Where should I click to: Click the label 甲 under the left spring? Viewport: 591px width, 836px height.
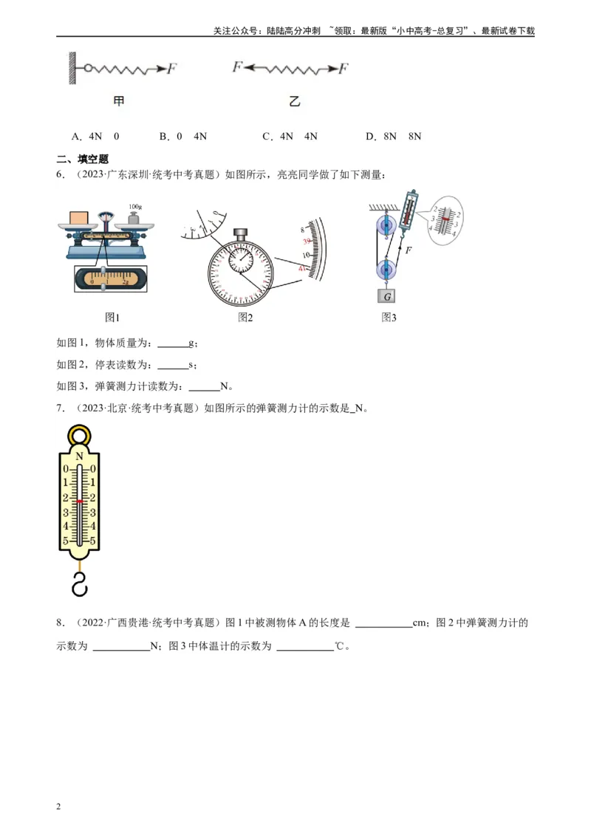pyautogui.click(x=119, y=102)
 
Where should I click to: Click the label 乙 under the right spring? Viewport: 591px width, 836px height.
pyautogui.click(x=295, y=102)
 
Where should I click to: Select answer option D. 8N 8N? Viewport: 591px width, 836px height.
pyautogui.click(x=393, y=137)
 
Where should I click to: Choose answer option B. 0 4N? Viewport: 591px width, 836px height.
pyautogui.click(x=182, y=137)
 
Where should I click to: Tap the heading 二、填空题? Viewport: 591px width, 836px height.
pyautogui.click(x=83, y=159)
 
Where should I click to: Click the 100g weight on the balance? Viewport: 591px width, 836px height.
pyautogui.click(x=134, y=217)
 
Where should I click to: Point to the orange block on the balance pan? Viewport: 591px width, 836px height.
pyautogui.click(x=80, y=217)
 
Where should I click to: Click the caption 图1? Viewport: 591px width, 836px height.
pyautogui.click(x=112, y=318)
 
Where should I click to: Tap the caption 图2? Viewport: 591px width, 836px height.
pyautogui.click(x=245, y=318)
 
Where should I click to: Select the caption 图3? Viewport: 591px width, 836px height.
pyautogui.click(x=389, y=318)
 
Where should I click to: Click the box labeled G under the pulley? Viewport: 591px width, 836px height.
pyautogui.click(x=386, y=296)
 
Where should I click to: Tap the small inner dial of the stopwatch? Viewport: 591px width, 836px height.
pyautogui.click(x=239, y=259)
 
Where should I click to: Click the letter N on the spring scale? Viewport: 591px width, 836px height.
pyautogui.click(x=79, y=456)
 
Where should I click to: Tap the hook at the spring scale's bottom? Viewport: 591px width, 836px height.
pyautogui.click(x=79, y=583)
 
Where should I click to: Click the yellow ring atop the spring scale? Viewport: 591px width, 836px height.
pyautogui.click(x=79, y=436)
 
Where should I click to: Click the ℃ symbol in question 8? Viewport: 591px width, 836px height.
pyautogui.click(x=339, y=646)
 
